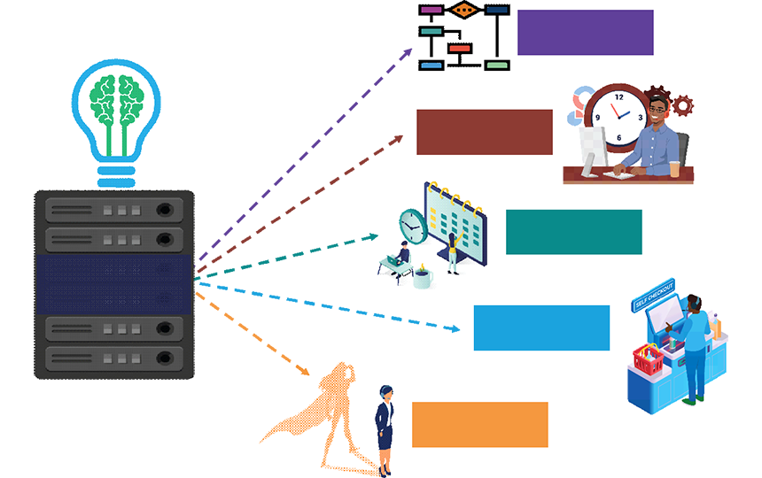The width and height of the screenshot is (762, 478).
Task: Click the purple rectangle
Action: pos(585,33)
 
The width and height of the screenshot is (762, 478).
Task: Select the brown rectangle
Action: pos(484,132)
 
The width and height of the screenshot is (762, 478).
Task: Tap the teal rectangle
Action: pos(573,232)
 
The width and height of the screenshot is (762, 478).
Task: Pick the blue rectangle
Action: pos(541,328)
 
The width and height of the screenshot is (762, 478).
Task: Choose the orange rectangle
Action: pos(479,424)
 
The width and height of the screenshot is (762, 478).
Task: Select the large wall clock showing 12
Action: pos(618,116)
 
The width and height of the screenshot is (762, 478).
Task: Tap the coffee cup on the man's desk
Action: pos(675,169)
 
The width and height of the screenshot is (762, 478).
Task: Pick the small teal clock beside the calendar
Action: pos(412,225)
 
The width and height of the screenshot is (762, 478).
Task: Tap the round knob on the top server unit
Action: pos(164,211)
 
